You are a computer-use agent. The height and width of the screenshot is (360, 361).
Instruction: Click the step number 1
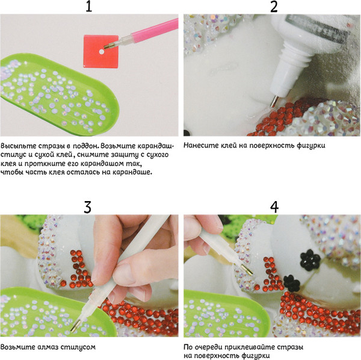[89, 7]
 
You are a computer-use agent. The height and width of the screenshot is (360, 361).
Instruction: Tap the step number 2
[274, 7]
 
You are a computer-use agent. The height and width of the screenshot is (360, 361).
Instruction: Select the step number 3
[87, 207]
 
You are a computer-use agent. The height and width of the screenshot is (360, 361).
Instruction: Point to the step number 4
[274, 207]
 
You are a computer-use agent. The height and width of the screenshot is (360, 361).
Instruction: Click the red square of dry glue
[101, 51]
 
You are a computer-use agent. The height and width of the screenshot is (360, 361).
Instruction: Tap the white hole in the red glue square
[102, 52]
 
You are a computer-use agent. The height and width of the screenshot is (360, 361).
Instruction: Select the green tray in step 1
[58, 94]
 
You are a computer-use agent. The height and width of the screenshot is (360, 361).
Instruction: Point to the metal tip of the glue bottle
[274, 102]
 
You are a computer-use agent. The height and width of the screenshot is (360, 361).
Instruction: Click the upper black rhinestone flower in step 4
[310, 260]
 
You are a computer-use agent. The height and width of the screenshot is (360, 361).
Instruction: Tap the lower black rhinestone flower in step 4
[292, 284]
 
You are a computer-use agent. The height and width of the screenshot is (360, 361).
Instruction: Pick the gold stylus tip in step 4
[247, 270]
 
